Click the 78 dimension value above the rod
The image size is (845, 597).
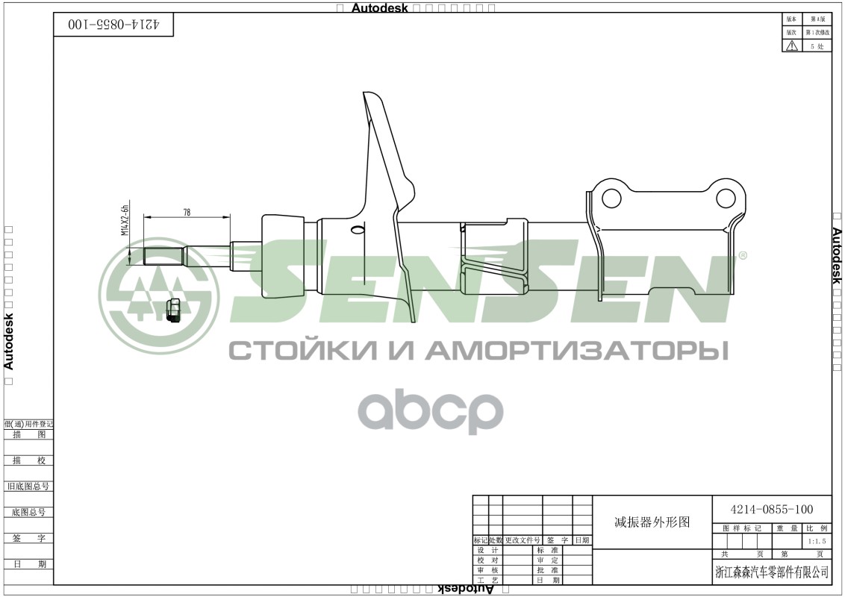coord(187,212)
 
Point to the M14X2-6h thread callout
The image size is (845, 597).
coord(125,219)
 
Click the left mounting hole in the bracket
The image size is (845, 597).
coord(611,199)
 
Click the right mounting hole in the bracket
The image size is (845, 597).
coord(726,198)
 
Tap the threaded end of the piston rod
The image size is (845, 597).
coord(163,257)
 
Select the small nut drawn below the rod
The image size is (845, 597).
coord(173,309)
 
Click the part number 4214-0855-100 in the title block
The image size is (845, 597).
coord(772,510)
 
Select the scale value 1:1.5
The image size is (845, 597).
coord(817,541)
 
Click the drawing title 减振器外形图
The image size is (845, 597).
coord(652,522)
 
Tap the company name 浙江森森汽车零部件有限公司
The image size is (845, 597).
coord(772,572)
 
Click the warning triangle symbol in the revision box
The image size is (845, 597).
coord(791,46)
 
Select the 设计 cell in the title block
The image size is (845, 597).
coord(487,550)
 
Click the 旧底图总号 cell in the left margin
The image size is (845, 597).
coord(28,486)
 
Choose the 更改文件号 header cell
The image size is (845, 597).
coord(523,540)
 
